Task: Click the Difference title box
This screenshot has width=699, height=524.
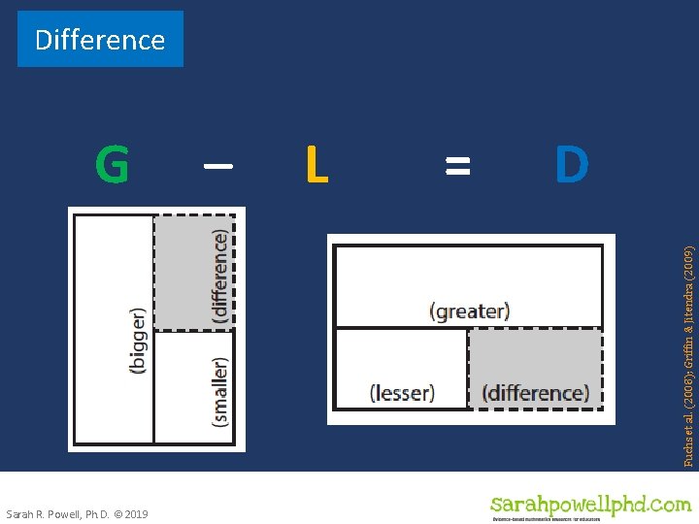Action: click(100, 40)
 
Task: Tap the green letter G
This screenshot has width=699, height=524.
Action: click(112, 165)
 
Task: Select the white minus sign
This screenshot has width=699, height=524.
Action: click(217, 165)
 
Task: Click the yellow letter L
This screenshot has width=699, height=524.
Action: click(316, 165)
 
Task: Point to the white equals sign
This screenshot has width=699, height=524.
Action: click(456, 165)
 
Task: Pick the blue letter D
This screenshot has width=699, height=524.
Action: click(572, 165)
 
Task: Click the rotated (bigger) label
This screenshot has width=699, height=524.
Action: click(139, 342)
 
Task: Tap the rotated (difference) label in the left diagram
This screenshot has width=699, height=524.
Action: click(220, 277)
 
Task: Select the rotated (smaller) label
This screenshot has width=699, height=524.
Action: click(220, 391)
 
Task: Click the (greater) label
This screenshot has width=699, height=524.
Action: click(469, 311)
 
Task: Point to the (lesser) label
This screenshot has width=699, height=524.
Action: click(402, 393)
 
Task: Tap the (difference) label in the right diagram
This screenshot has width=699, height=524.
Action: click(535, 393)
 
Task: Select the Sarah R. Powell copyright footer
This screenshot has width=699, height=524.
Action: click(77, 513)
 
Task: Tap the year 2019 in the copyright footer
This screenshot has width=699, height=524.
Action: click(135, 513)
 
